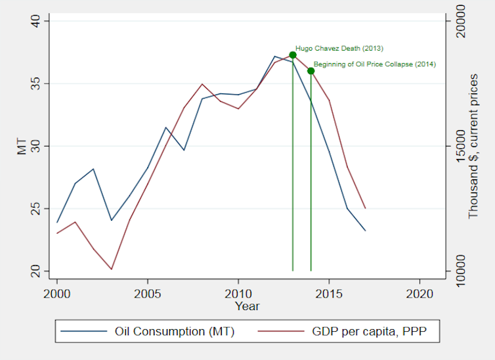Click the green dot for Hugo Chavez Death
293,55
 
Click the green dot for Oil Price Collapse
311,71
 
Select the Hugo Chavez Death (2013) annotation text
339,48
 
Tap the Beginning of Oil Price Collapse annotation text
374,64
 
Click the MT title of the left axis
22,146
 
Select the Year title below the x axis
247,306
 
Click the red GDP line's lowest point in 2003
111,269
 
